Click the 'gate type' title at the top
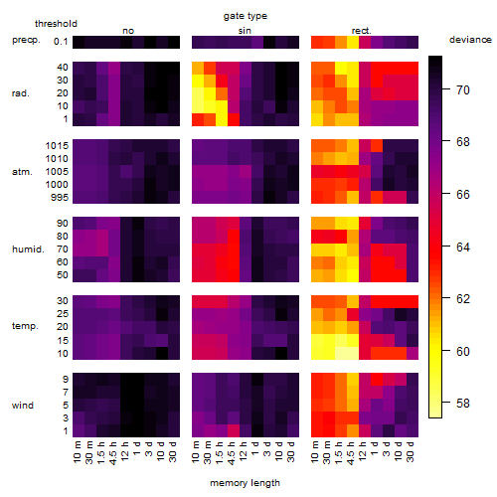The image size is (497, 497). pyautogui.click(x=246, y=16)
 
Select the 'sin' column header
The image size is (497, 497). pyautogui.click(x=245, y=31)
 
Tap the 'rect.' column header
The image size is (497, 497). pyautogui.click(x=361, y=31)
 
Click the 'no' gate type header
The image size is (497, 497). pyautogui.click(x=128, y=31)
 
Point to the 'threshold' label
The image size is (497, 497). pyautogui.click(x=56, y=24)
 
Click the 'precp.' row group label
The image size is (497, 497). pyautogui.click(x=26, y=40)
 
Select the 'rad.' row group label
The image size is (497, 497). pyautogui.click(x=21, y=93)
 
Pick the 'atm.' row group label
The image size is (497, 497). pyautogui.click(x=22, y=172)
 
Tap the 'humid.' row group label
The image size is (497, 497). pyautogui.click(x=28, y=248)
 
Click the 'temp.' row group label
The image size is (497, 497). pyautogui.click(x=25, y=326)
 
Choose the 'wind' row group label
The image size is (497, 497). pyautogui.click(x=23, y=406)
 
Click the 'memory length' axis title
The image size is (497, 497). pyautogui.click(x=245, y=483)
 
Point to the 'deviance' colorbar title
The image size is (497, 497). pyautogui.click(x=470, y=40)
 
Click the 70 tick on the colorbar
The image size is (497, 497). pyautogui.click(x=463, y=89)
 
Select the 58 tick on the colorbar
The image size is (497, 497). pyautogui.click(x=463, y=404)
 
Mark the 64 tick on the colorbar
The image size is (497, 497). pyautogui.click(x=463, y=247)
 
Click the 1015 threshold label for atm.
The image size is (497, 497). pyautogui.click(x=57, y=145)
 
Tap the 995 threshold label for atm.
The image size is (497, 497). pyautogui.click(x=60, y=198)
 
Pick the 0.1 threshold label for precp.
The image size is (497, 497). pyautogui.click(x=61, y=42)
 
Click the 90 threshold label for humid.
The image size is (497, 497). pyautogui.click(x=63, y=224)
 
